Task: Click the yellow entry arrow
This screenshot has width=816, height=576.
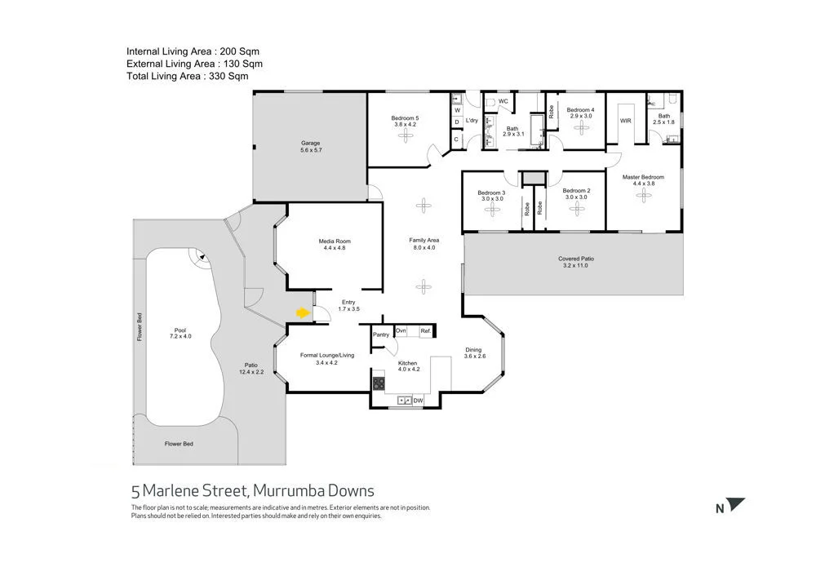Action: tap(302, 312)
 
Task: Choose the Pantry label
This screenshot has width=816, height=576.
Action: tap(380, 335)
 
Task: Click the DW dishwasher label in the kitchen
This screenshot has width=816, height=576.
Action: tap(418, 401)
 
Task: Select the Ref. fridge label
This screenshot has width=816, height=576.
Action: tap(424, 330)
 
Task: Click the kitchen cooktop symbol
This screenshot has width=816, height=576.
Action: tap(379, 382)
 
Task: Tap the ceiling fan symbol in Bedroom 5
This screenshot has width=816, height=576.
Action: tap(406, 136)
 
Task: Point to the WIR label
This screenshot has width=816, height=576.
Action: tap(626, 121)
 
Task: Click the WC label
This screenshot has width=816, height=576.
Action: tap(503, 101)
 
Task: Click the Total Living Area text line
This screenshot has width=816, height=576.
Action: tap(187, 76)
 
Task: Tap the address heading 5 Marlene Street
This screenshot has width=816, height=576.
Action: tap(253, 490)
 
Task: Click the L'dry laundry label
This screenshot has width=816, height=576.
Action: tap(472, 121)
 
